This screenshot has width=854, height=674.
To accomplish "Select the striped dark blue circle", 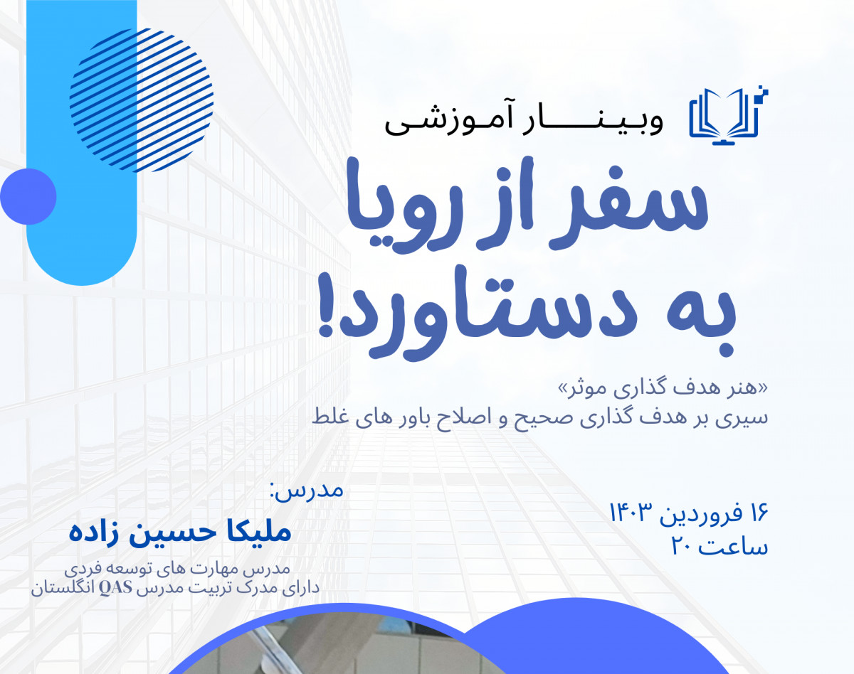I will [x=142, y=100].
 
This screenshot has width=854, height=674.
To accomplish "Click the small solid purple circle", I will [x=28, y=196].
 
